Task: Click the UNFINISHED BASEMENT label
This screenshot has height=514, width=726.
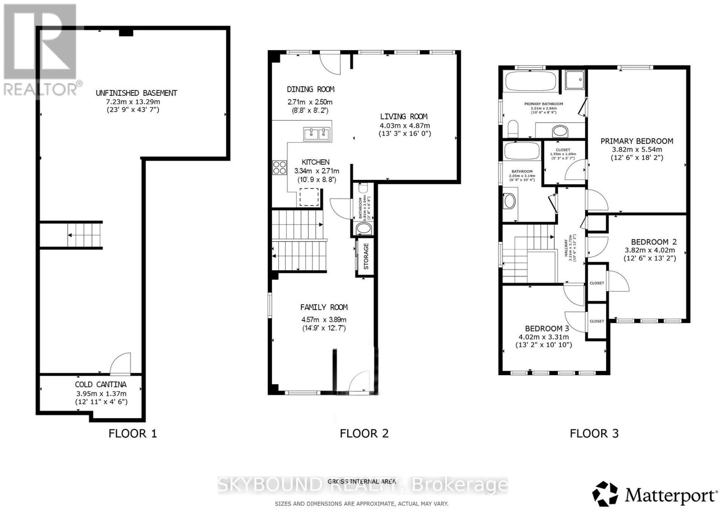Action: pos(136,93)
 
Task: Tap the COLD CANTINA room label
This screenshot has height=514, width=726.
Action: pos(101,385)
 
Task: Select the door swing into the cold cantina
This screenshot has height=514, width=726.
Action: pos(121,363)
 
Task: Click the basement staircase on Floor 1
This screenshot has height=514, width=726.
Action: pos(84,235)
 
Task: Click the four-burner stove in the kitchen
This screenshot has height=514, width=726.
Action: pos(280,168)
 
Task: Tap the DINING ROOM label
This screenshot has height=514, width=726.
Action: pos(310,89)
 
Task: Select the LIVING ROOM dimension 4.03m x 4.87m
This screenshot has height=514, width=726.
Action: pos(404,126)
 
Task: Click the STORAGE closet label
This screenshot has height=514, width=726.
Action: pos(366,256)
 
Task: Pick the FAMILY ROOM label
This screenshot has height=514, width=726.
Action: pos(324,307)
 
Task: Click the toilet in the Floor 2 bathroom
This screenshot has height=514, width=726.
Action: pos(363,188)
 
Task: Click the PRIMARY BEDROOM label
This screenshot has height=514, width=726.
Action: pos(637,141)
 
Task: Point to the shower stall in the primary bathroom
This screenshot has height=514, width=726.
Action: pos(574,80)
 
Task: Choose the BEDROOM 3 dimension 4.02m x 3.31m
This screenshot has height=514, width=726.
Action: pos(544,337)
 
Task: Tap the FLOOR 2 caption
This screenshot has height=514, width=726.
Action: pos(364,434)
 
